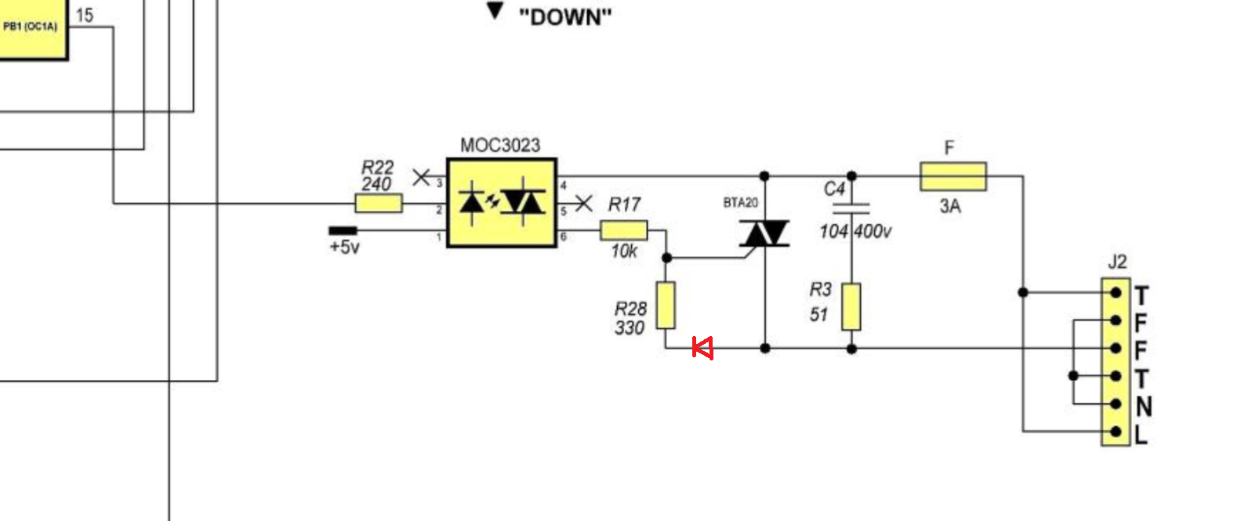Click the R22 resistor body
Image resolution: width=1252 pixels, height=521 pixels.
[x=379, y=203]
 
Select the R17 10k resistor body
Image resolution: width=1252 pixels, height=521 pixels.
[x=624, y=230]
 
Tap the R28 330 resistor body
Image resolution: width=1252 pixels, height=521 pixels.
[x=665, y=305]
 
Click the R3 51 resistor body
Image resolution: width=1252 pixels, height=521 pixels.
[x=851, y=306]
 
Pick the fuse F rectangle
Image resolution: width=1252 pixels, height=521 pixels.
[x=953, y=176]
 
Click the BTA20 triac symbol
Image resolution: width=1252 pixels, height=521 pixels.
[x=764, y=233]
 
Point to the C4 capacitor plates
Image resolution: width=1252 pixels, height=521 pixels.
[x=851, y=209]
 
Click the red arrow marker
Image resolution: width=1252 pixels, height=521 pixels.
[x=702, y=348]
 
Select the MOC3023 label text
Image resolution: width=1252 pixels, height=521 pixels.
[x=500, y=146]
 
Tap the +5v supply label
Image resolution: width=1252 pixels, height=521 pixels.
[x=344, y=247]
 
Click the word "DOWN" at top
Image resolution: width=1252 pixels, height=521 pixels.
[x=565, y=17]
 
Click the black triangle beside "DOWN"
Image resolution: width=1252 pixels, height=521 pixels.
[x=495, y=11]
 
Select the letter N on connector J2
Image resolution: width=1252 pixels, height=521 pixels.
[x=1144, y=407]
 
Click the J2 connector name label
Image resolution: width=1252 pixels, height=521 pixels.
[x=1116, y=262]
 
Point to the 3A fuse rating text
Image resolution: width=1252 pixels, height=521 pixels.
[x=950, y=206]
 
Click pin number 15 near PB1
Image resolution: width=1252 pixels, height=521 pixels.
[x=85, y=16]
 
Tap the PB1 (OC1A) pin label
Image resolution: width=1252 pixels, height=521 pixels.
[x=30, y=26]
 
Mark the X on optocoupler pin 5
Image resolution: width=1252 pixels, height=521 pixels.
[x=583, y=203]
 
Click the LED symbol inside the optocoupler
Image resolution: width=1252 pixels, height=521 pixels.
[x=472, y=203]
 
